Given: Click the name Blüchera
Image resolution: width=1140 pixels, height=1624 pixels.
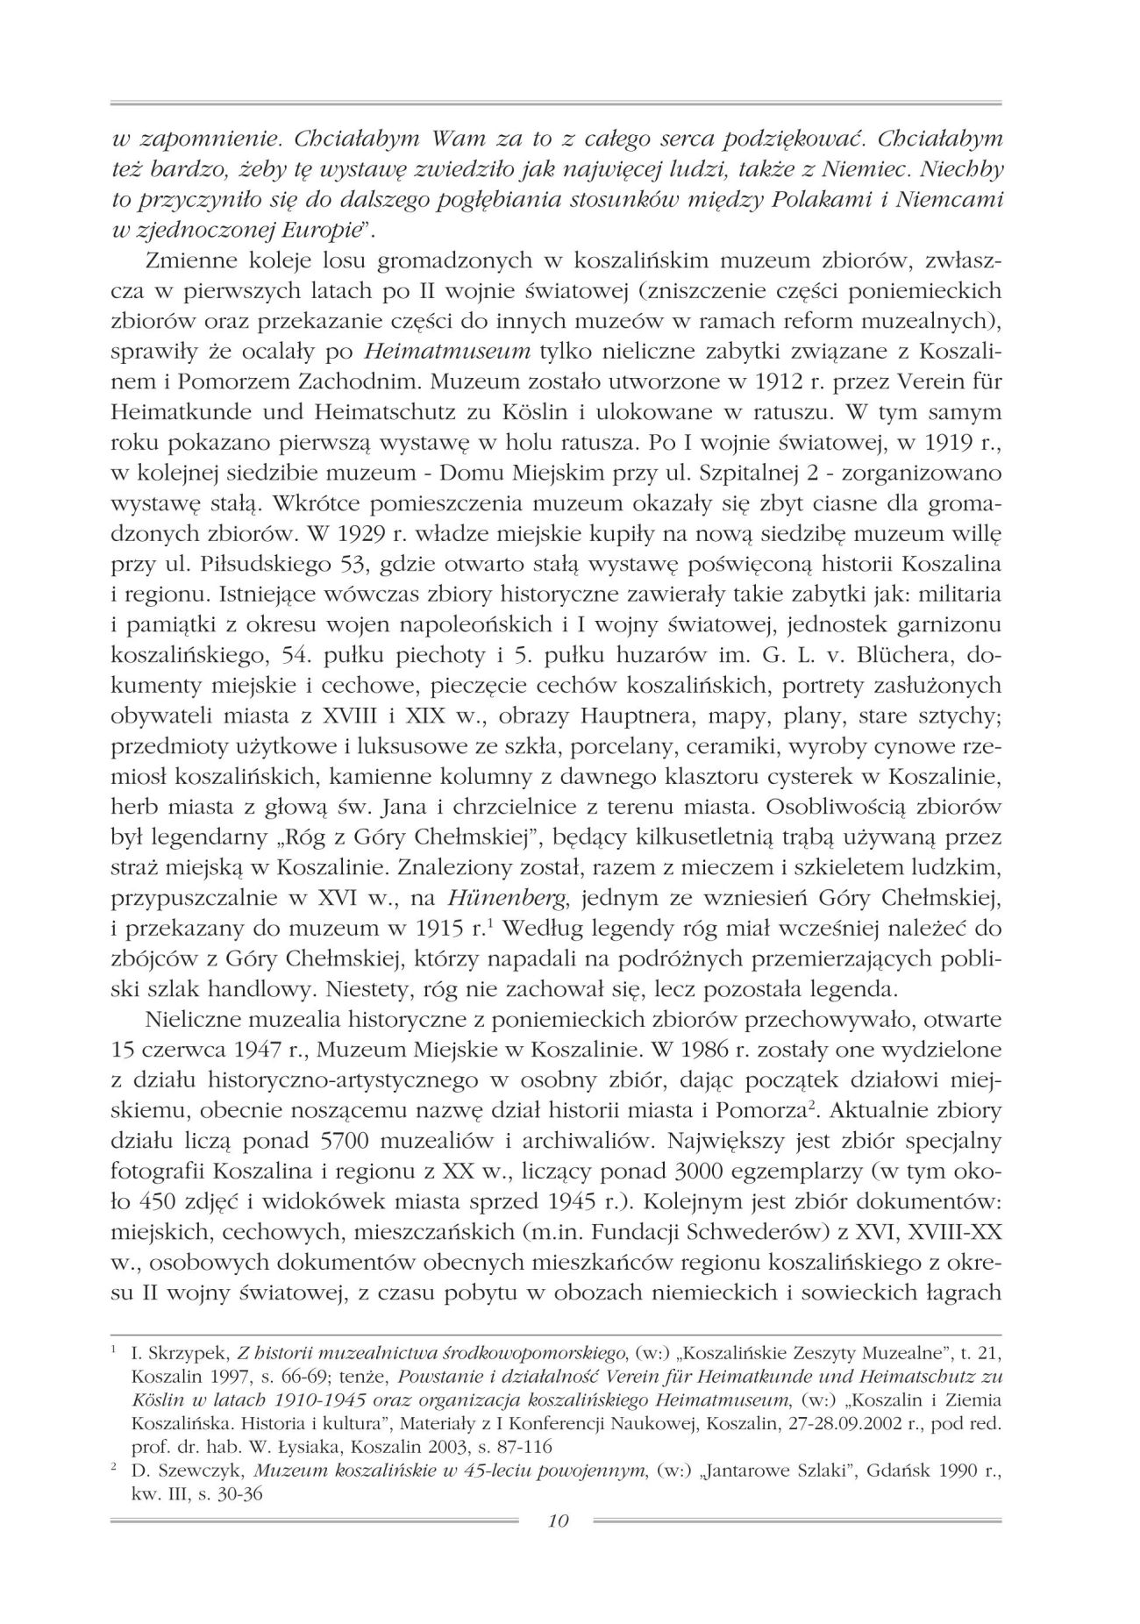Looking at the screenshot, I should (x=907, y=653).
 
